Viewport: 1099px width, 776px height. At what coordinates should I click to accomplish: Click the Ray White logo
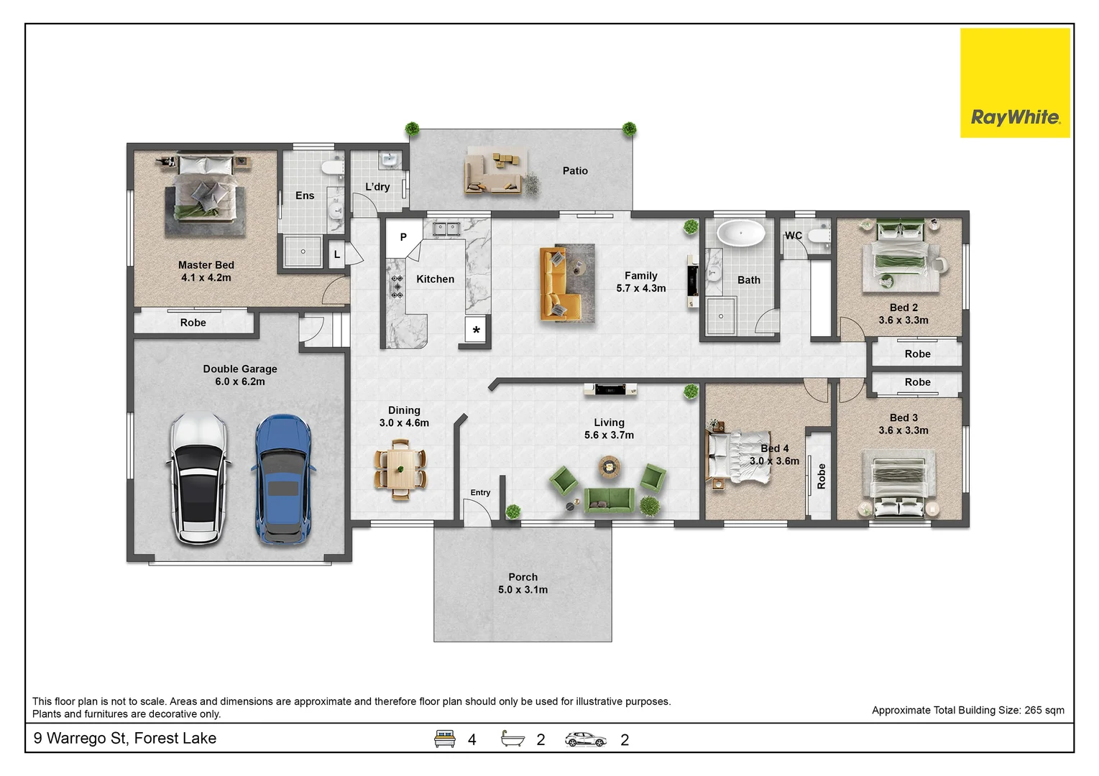point(1015,83)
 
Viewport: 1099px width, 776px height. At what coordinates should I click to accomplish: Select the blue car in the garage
point(284,479)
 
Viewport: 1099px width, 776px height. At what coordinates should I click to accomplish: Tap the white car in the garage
point(198,479)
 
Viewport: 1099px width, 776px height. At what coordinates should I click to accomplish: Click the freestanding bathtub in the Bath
point(741,233)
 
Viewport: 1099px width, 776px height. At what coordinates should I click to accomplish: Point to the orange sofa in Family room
point(560,284)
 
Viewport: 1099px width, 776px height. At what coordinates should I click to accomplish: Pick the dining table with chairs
point(400,469)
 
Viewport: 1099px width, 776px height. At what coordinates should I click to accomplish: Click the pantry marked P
point(403,237)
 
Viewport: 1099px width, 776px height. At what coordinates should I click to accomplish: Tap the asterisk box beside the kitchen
point(476,330)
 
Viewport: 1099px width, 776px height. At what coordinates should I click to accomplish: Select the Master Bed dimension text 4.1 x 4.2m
point(206,277)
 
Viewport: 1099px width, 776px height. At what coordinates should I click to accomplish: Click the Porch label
point(523,578)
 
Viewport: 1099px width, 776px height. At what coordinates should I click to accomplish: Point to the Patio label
point(575,171)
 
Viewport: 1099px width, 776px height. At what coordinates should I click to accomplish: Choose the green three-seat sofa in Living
point(609,500)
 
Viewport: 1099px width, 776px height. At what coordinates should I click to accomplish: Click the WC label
point(794,236)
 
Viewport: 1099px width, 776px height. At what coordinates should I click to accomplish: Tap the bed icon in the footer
point(445,739)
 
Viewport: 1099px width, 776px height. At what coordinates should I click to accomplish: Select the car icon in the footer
point(586,739)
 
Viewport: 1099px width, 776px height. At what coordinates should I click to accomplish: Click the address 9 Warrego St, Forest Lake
point(124,738)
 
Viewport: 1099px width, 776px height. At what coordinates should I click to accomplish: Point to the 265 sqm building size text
point(1044,711)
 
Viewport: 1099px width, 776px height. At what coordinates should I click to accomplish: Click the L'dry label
point(377,187)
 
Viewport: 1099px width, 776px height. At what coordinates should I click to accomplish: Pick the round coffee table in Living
point(610,466)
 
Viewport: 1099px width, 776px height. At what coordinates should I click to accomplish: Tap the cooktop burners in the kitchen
point(397,287)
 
